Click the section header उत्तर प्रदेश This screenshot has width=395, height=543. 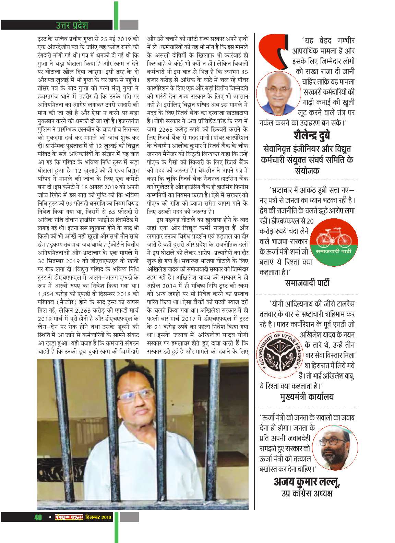tap(72, 25)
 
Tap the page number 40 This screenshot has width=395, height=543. tap(38, 517)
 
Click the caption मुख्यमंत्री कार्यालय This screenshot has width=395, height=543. tap(307, 397)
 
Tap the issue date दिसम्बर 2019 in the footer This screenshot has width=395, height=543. tap(98, 517)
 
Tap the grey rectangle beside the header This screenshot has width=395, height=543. tap(129, 25)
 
